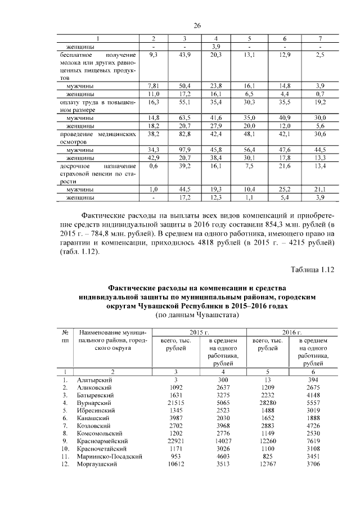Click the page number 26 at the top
[197, 25]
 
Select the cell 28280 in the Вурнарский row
[267, 403]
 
